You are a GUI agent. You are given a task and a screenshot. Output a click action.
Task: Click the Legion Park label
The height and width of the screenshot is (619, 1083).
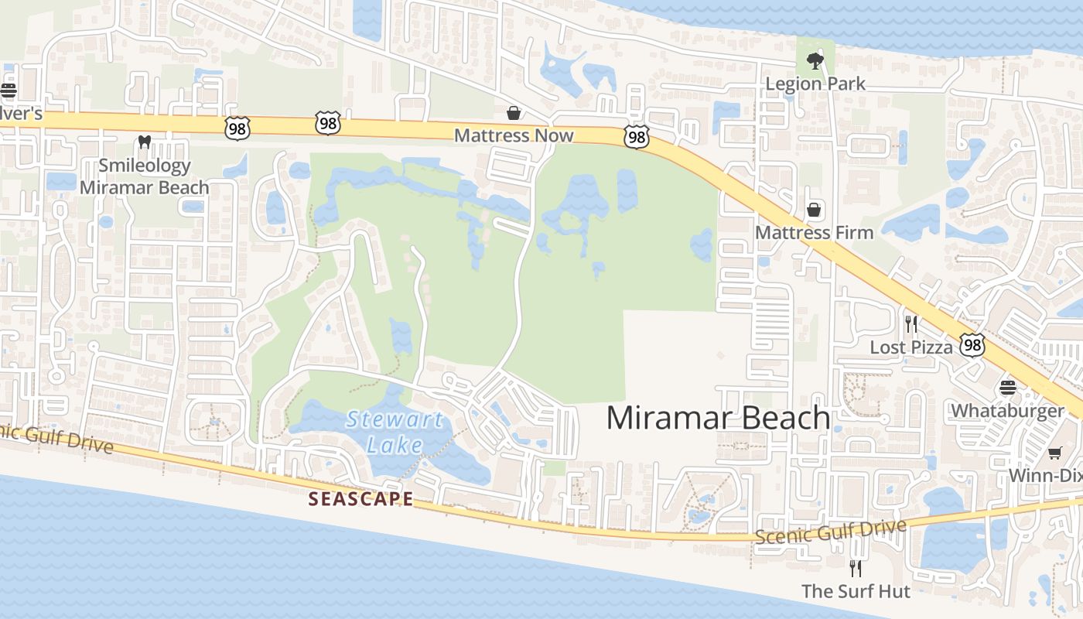(x=815, y=84)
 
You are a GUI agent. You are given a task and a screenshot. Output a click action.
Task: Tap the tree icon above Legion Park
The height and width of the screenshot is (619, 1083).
(x=815, y=60)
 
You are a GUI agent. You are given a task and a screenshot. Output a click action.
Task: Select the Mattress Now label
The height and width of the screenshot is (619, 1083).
(x=514, y=135)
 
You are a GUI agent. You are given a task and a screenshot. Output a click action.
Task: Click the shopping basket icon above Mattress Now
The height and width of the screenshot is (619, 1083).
(x=513, y=114)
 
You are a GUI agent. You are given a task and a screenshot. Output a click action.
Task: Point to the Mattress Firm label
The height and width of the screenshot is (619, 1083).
(x=814, y=232)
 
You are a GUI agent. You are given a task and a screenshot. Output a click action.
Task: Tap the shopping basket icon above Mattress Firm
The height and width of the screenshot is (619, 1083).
(x=814, y=210)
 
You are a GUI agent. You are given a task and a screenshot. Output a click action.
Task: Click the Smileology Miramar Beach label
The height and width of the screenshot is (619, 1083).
(x=145, y=176)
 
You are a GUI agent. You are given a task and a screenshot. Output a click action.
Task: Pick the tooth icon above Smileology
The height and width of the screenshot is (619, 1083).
(x=143, y=142)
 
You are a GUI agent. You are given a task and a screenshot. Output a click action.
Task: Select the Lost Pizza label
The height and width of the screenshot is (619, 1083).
(x=911, y=347)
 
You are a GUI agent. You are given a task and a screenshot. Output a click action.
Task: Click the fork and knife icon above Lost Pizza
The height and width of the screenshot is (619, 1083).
(x=911, y=324)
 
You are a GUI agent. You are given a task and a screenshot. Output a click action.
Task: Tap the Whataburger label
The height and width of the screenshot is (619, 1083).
(x=1007, y=410)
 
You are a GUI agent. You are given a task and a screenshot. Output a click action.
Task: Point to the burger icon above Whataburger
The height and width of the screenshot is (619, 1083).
(x=1007, y=387)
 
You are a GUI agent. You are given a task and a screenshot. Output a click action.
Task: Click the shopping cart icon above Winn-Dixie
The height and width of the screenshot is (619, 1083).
(x=1054, y=453)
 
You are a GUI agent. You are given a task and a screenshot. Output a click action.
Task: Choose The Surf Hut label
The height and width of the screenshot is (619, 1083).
(x=856, y=591)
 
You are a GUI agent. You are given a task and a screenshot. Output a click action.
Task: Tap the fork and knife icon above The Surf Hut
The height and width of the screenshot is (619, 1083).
(x=856, y=569)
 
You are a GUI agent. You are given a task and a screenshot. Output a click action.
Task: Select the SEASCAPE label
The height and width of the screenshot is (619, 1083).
(x=360, y=499)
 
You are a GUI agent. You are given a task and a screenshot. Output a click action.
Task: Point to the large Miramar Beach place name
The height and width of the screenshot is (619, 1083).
(x=718, y=418)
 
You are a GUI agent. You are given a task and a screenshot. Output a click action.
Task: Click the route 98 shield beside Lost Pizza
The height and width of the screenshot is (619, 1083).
(x=972, y=345)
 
